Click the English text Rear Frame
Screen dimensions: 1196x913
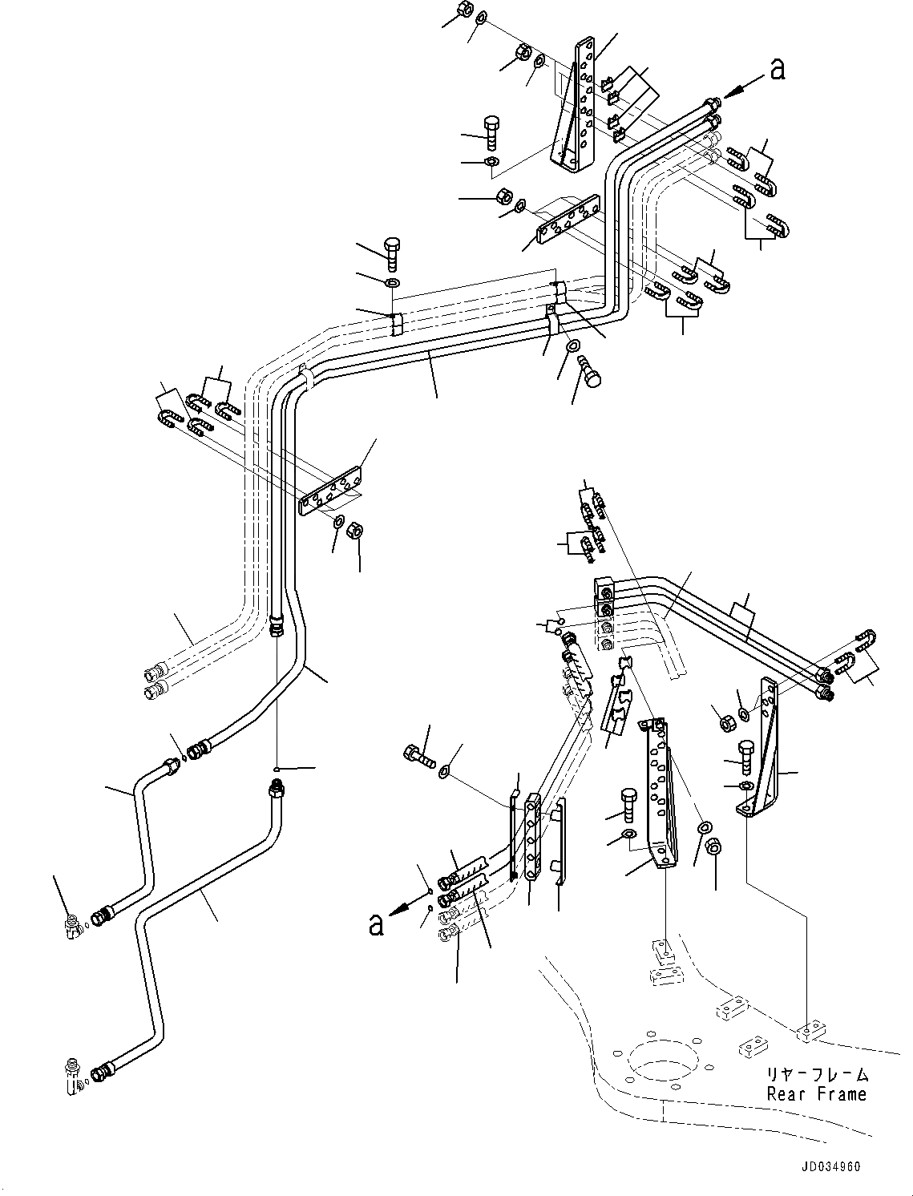click(816, 1093)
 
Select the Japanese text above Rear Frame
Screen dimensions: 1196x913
click(816, 1075)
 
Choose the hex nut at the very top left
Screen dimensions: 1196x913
click(463, 11)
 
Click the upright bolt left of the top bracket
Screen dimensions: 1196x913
click(491, 130)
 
